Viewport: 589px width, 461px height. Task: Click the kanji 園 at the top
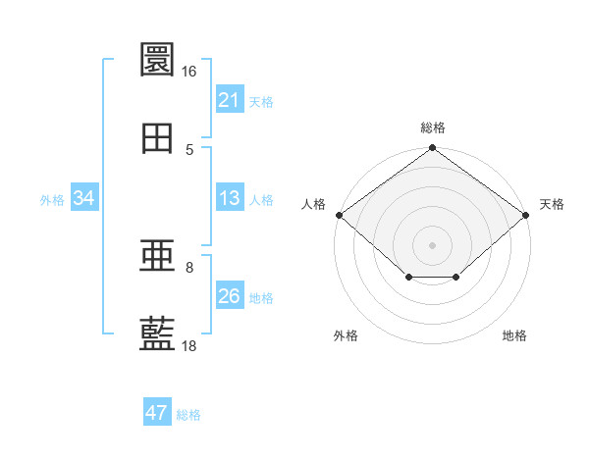tap(157, 59)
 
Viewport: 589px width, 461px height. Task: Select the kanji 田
tap(157, 138)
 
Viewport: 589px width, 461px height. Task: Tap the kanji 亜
tap(157, 255)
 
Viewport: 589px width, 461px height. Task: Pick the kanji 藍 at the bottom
tap(157, 333)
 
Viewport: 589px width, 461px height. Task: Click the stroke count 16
tap(188, 72)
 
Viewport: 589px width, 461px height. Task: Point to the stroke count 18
tap(188, 345)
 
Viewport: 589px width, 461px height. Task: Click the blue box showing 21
tap(230, 98)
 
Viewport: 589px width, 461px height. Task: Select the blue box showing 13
tap(230, 197)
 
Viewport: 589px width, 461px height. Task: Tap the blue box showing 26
tap(230, 294)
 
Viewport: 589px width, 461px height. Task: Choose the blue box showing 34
tap(84, 197)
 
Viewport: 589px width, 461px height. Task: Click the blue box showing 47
tap(157, 411)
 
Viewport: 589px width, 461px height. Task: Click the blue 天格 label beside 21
tap(261, 102)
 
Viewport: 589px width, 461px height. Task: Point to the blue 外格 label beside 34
tap(52, 200)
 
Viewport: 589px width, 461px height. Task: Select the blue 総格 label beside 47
tap(188, 415)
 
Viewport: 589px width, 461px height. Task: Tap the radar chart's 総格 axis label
tap(433, 128)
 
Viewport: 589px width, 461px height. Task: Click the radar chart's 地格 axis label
tap(514, 335)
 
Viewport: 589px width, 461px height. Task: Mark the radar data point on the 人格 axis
tap(340, 215)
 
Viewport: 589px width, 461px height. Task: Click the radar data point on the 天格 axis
tap(525, 215)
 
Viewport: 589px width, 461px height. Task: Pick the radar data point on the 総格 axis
tap(432, 147)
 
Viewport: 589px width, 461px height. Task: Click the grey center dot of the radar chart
tap(432, 245)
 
